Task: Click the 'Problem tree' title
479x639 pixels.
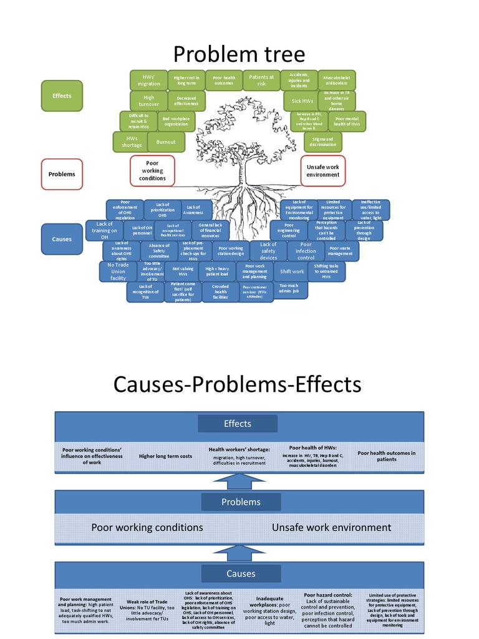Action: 239,55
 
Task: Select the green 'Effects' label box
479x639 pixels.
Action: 62,95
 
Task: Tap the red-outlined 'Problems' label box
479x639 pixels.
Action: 62,174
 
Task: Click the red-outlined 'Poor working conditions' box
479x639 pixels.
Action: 152,170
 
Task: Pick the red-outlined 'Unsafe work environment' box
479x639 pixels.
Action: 323,170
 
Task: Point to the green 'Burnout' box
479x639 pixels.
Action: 166,142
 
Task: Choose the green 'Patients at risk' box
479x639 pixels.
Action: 261,80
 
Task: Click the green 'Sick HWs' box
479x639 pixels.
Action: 302,101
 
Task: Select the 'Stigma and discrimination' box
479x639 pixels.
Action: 323,142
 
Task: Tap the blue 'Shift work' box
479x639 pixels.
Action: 292,271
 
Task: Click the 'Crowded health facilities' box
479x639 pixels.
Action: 221,292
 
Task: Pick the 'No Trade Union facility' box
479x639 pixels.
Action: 118,271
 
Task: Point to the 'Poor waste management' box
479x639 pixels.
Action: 344,251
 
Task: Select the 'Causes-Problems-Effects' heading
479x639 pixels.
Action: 237,384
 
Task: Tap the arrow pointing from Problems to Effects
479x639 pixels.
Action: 239,481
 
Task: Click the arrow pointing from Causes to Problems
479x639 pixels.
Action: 239,552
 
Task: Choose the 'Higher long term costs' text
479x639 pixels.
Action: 164,457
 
